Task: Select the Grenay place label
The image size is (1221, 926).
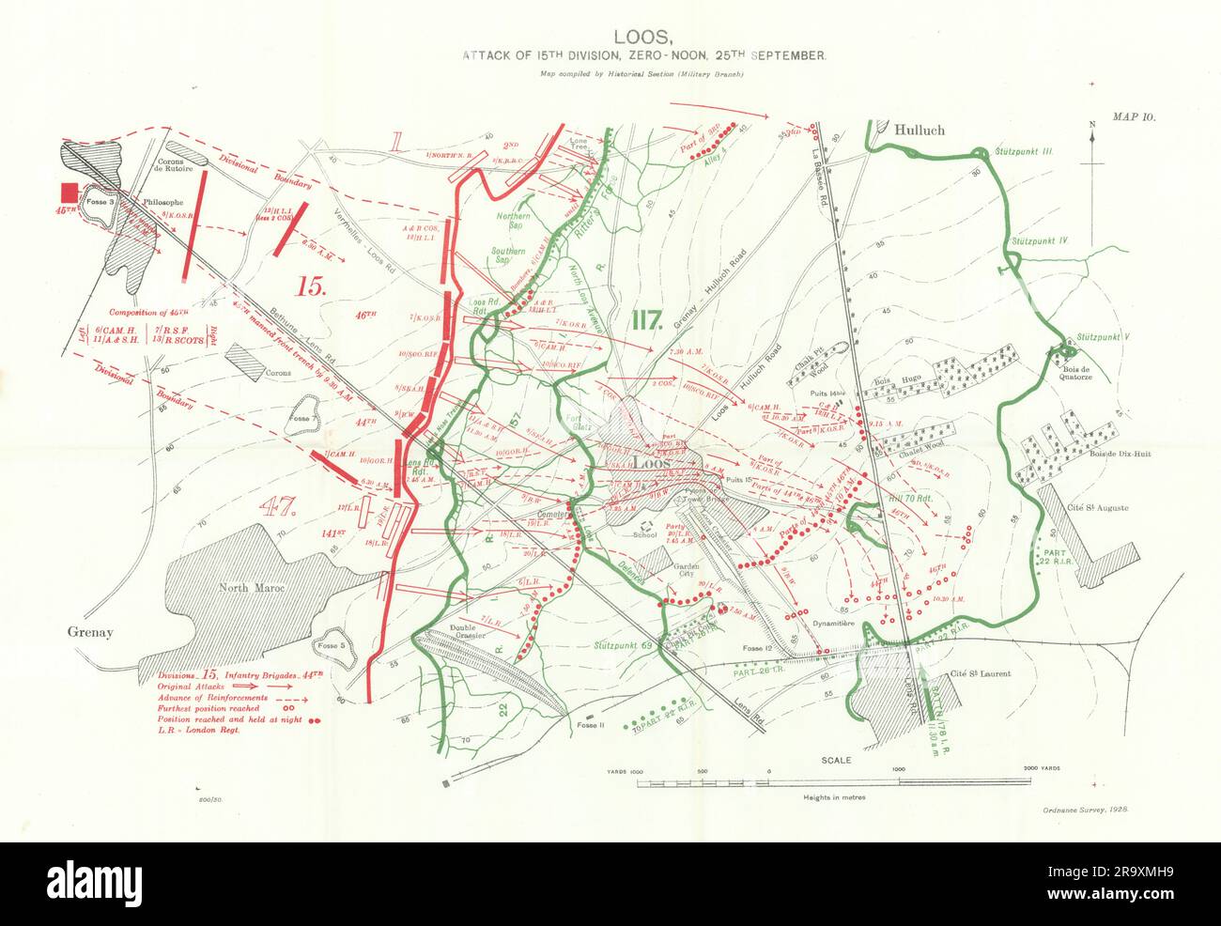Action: point(90,632)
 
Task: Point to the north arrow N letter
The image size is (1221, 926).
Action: point(1093,125)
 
